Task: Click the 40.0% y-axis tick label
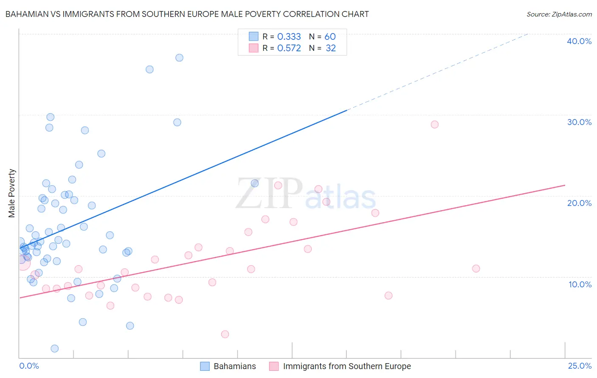(x=579, y=41)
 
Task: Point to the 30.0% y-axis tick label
(x=579, y=122)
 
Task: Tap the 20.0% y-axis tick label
(x=579, y=203)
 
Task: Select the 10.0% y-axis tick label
(x=580, y=284)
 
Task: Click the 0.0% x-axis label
(x=29, y=366)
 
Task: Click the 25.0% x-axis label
(x=580, y=366)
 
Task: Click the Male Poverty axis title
(x=12, y=193)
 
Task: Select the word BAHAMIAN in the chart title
(x=26, y=14)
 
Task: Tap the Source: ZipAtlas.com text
(x=559, y=14)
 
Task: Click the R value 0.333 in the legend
(x=289, y=36)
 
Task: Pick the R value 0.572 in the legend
(x=289, y=48)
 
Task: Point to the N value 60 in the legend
(x=330, y=36)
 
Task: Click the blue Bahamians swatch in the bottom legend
(x=205, y=366)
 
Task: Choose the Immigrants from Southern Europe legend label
(x=346, y=366)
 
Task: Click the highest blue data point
(x=179, y=58)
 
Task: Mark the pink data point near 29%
(x=434, y=125)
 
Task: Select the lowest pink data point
(x=225, y=334)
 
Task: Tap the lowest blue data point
(x=55, y=349)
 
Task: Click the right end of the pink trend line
(x=564, y=185)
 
